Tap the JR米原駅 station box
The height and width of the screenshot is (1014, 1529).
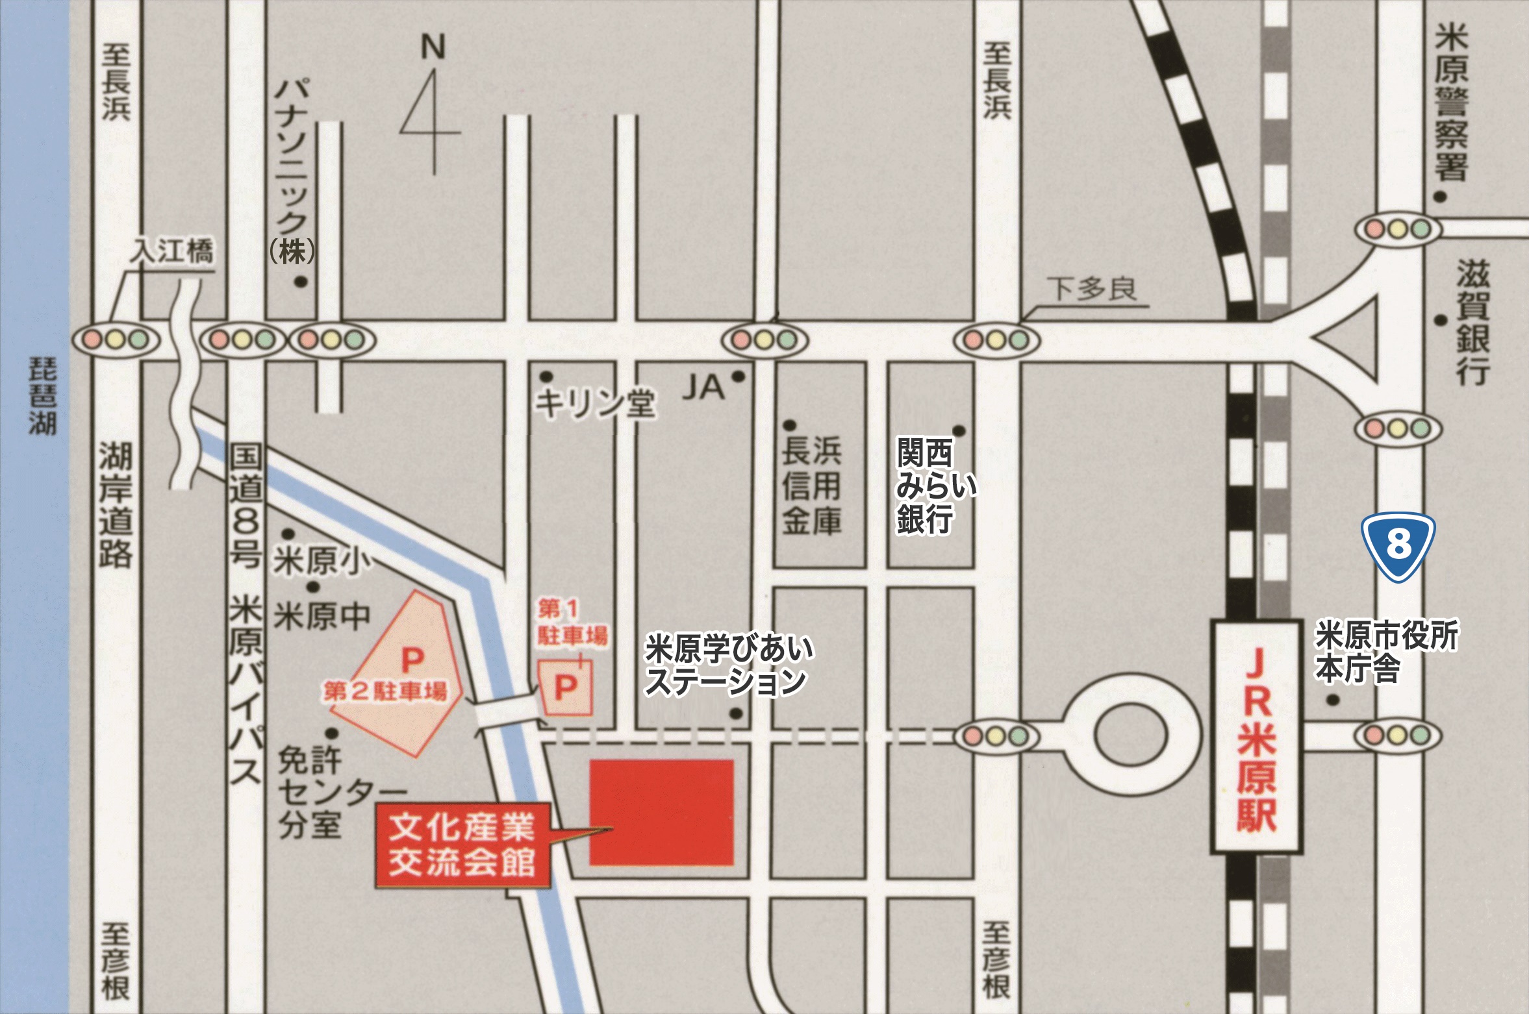(1256, 736)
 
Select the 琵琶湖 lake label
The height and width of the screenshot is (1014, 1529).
(42, 395)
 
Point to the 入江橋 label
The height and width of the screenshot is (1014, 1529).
(172, 251)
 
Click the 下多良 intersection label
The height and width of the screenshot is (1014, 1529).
(1092, 289)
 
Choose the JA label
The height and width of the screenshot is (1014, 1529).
(703, 388)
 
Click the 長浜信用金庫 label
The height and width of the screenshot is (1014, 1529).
(811, 486)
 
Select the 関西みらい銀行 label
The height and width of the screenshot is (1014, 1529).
(935, 486)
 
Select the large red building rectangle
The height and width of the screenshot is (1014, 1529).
(661, 812)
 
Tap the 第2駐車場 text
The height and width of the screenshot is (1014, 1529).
(385, 691)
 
